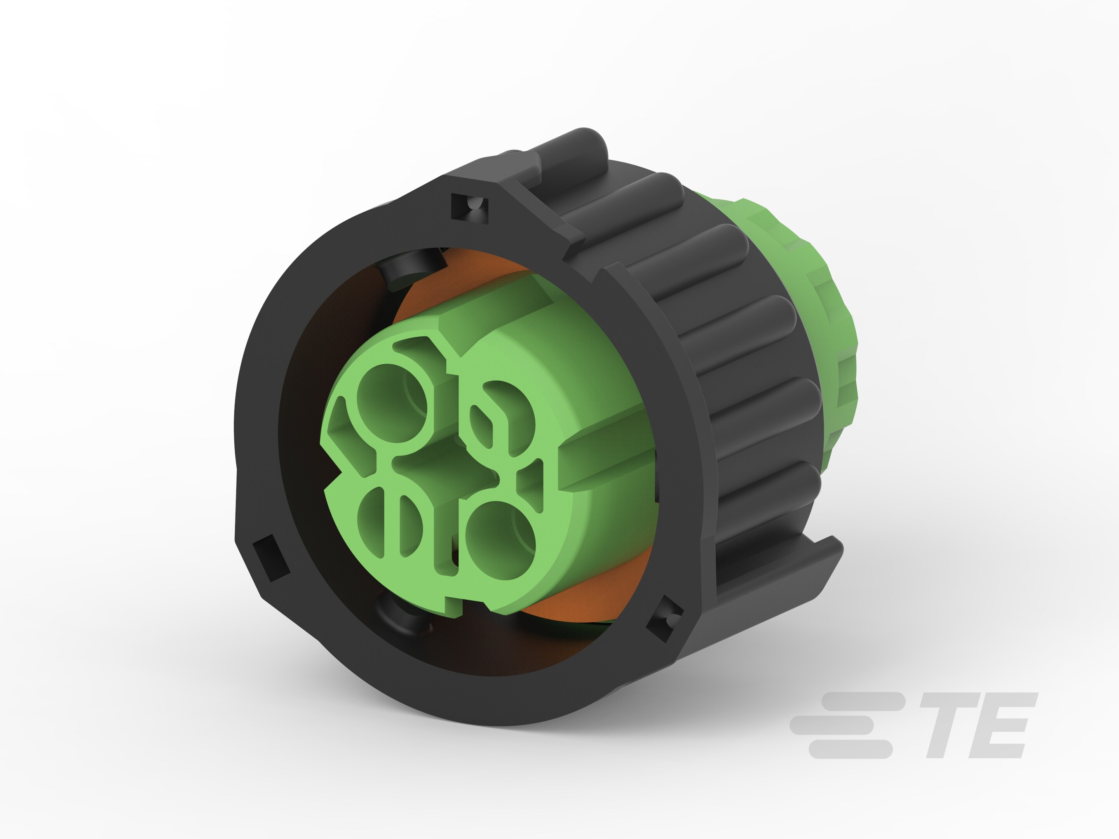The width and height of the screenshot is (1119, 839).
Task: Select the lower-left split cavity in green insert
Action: (x=390, y=524)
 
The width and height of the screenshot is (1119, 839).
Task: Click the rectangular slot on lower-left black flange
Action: (x=271, y=559)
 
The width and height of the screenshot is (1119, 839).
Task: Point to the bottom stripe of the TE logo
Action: (x=850, y=748)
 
